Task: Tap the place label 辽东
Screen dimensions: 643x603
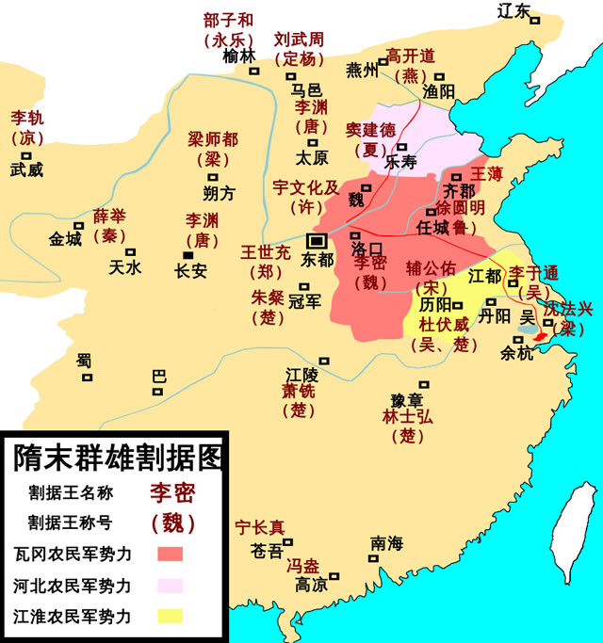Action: (514, 10)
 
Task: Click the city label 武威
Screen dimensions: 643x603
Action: (26, 170)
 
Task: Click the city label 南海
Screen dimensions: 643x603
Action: (386, 543)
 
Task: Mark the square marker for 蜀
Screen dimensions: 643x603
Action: (87, 378)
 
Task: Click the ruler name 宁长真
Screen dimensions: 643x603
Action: (260, 528)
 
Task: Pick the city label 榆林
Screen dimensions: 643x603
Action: (238, 56)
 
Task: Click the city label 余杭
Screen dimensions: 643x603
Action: (516, 355)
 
